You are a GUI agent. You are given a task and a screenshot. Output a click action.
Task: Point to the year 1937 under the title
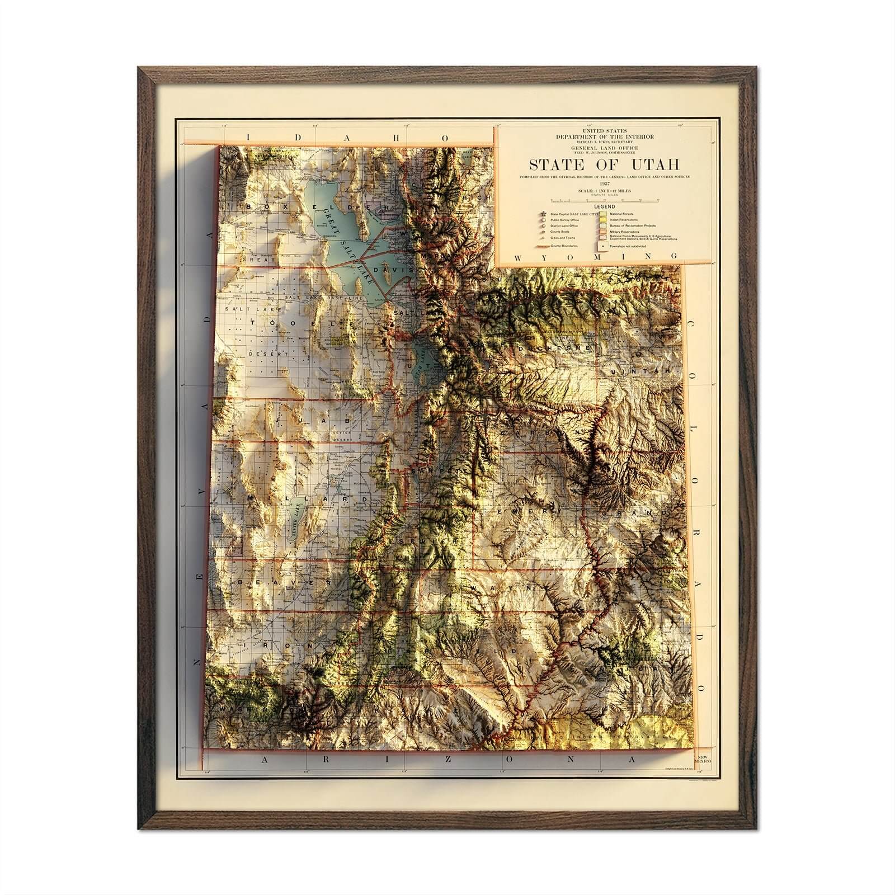pyautogui.click(x=604, y=183)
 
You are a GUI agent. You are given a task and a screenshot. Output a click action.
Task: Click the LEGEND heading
pyautogui.click(x=604, y=206)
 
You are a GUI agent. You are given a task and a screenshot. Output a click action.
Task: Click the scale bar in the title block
pyautogui.click(x=604, y=199)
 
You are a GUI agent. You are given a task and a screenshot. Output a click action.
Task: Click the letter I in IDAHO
pyautogui.click(x=250, y=153)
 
